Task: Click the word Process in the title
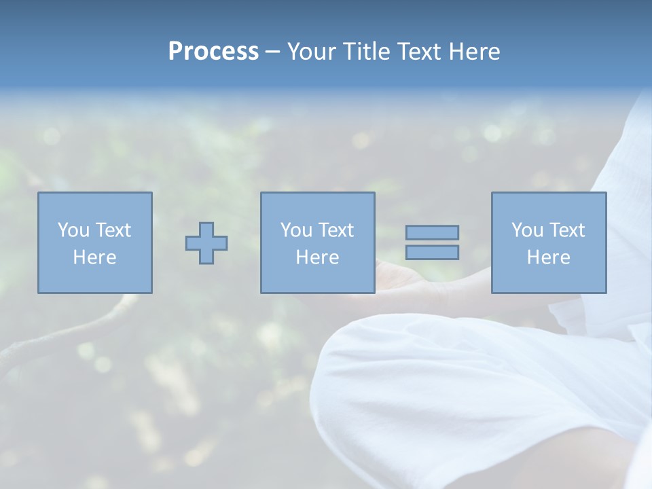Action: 213,52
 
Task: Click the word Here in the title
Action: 475,52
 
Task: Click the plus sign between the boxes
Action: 206,243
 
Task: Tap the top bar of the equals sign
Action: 432,232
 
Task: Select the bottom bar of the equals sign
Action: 432,252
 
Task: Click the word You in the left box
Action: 73,230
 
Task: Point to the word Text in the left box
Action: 113,230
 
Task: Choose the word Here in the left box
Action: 94,257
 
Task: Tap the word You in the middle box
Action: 296,230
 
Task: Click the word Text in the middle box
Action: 336,230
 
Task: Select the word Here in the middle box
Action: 317,257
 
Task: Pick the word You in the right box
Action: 527,230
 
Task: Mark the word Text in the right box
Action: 566,230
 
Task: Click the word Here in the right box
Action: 548,257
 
